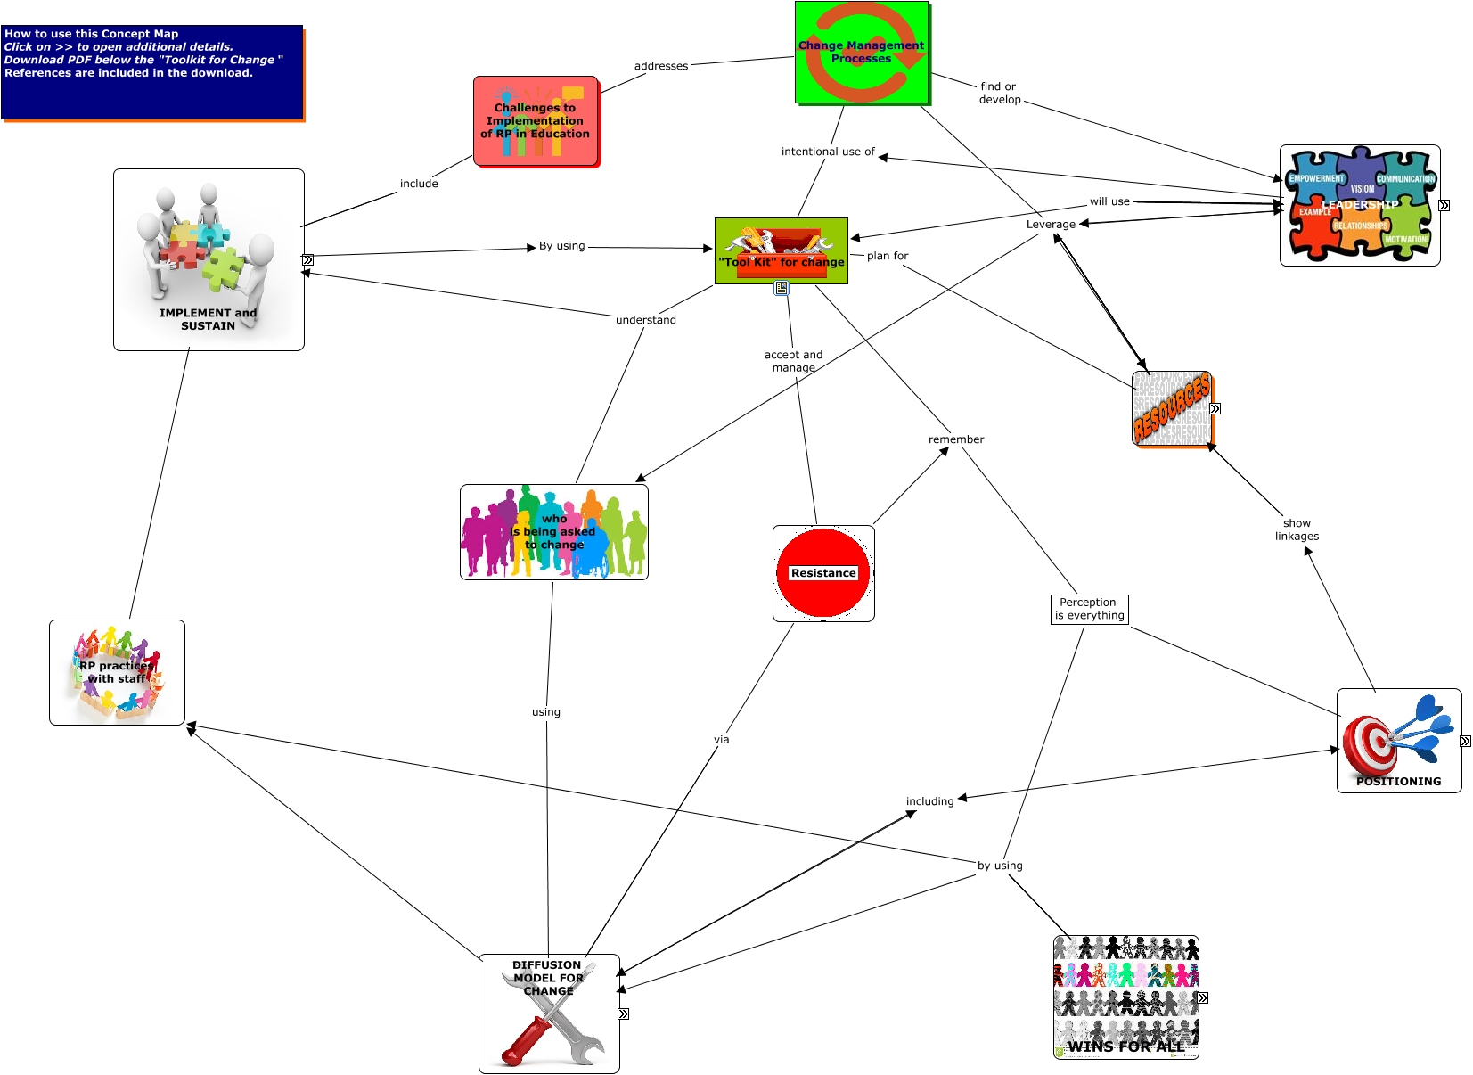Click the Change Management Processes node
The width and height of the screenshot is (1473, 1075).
tap(861, 52)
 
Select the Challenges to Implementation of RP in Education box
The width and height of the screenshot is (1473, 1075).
tap(535, 121)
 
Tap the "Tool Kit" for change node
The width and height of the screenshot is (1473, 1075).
tap(781, 251)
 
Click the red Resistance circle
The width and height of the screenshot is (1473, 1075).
tap(823, 573)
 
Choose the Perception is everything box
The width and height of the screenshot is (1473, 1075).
tap(1089, 609)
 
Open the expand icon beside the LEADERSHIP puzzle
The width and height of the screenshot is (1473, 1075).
tap(1444, 205)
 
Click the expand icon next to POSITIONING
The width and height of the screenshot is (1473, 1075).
tap(1465, 741)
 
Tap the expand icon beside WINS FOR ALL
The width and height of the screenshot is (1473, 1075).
tap(1202, 997)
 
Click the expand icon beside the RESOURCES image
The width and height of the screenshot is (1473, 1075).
tap(1215, 408)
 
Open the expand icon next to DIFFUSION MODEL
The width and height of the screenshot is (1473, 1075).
tap(623, 1013)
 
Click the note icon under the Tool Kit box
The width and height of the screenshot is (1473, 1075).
tap(781, 288)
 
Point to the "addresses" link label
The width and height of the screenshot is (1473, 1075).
tap(660, 66)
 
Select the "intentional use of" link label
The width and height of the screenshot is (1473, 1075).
tap(828, 152)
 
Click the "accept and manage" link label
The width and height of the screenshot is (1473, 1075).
tap(793, 361)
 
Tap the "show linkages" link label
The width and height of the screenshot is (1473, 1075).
tap(1297, 529)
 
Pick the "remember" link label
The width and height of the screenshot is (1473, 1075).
tap(955, 439)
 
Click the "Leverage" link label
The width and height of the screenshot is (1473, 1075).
tap(1051, 225)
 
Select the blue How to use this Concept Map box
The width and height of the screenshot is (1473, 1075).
tap(152, 72)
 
